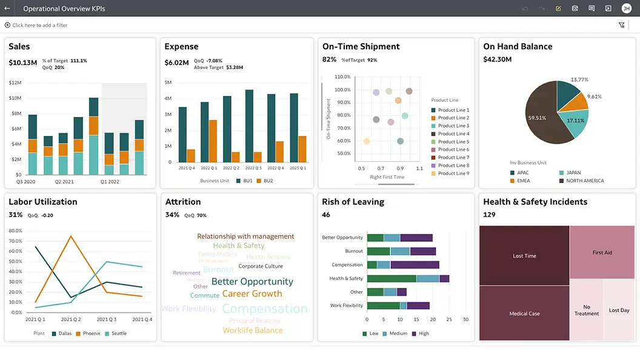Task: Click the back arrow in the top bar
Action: click(7, 8)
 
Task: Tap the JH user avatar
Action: click(626, 8)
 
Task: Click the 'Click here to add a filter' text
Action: click(39, 25)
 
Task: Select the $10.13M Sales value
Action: click(23, 62)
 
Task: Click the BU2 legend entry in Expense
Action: click(264, 181)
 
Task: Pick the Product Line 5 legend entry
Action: click(453, 142)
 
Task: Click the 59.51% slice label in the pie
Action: click(537, 118)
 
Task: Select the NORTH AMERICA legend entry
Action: click(585, 181)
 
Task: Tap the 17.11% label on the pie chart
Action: click(575, 121)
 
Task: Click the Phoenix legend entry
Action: click(91, 333)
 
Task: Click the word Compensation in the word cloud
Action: click(265, 308)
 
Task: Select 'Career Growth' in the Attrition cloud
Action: click(252, 294)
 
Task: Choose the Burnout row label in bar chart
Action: click(354, 251)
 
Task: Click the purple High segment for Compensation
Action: click(415, 265)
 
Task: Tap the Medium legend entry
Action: click(398, 333)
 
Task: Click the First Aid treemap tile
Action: click(602, 252)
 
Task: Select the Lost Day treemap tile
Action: click(619, 310)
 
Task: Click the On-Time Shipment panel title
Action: click(361, 47)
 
